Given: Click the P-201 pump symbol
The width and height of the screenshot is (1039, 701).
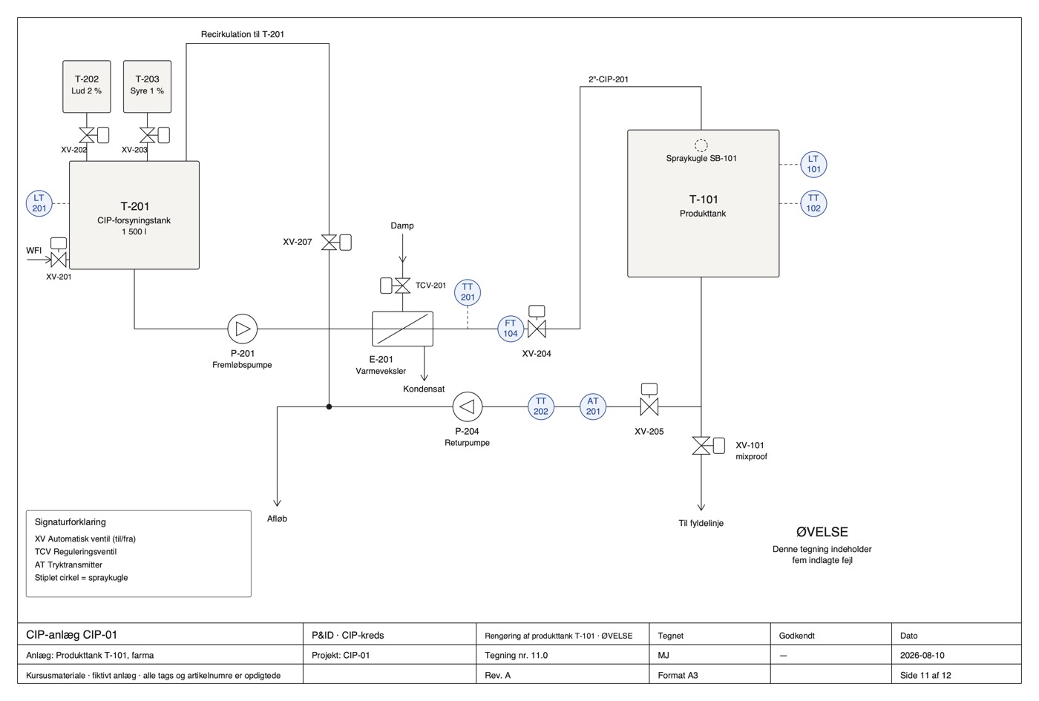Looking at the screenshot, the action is point(242,329).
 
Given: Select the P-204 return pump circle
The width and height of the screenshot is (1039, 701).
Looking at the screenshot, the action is point(467,407).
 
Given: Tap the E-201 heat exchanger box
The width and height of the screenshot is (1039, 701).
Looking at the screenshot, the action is point(402,329).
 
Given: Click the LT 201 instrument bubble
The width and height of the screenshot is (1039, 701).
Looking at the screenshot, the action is point(39,203).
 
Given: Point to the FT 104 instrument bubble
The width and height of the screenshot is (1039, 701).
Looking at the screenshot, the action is point(511,328).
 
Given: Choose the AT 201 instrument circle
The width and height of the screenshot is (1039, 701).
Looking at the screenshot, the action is point(593,407).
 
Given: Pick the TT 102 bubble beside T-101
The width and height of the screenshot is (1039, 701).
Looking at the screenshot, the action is point(813,203).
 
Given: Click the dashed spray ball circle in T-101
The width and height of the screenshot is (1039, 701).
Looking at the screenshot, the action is point(701,145).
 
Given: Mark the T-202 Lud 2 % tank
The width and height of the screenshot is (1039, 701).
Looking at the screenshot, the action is point(87,86).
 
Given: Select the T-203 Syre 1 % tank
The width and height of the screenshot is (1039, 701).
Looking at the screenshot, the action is point(147,86).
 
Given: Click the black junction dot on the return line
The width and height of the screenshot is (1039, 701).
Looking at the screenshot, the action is point(329,407).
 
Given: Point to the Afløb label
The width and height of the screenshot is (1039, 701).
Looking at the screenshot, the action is point(277,519).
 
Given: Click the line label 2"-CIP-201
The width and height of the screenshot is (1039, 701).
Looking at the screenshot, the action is point(608,79).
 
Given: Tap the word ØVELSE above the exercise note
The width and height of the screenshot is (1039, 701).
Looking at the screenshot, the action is point(822,532).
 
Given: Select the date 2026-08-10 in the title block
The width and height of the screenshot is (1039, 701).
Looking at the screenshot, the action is point(922,655).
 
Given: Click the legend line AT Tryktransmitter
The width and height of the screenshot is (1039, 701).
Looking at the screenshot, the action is point(68,565).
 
